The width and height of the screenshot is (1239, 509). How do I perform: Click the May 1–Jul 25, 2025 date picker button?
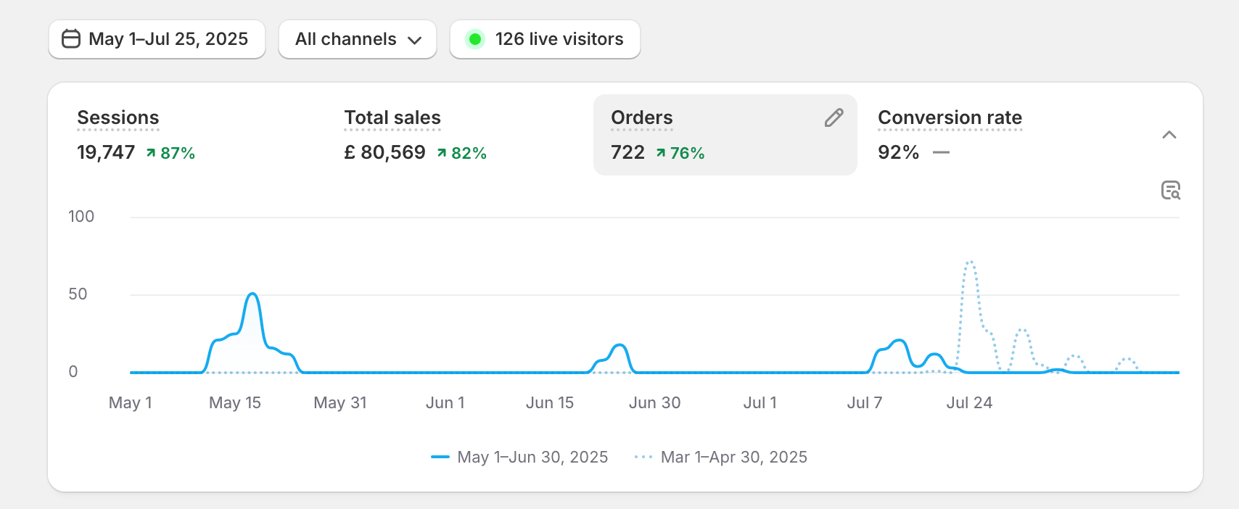coord(157,39)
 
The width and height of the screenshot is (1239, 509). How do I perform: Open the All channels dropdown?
coord(358,39)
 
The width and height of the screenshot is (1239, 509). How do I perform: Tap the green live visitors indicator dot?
coord(475,39)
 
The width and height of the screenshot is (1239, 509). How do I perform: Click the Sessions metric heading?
coord(118,117)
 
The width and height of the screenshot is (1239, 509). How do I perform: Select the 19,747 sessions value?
coord(106,152)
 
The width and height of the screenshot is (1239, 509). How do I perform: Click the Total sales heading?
coord(392,117)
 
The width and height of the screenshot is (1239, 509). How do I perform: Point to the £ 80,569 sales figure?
coord(385,152)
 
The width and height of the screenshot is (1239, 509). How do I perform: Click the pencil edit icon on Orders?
coord(834,117)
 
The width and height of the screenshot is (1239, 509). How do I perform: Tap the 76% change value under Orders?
coord(686,153)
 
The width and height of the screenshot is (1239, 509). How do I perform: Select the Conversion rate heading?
coord(950,117)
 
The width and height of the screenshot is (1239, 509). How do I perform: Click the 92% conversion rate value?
coord(898,152)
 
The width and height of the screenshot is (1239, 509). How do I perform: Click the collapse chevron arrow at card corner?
coord(1169,135)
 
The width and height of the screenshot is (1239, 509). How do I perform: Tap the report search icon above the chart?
coord(1171,190)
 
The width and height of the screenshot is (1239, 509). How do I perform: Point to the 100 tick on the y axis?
coord(81,217)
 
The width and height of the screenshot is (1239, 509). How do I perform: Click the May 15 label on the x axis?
coord(235,403)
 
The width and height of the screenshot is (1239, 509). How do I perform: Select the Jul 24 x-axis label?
coord(969,403)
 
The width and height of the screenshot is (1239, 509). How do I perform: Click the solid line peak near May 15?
coord(252,294)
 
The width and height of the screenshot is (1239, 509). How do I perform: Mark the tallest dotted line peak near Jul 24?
coord(970,262)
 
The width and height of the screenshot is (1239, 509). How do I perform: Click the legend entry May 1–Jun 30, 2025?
coord(532,458)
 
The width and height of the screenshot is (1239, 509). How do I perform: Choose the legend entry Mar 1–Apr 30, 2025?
coord(733,458)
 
